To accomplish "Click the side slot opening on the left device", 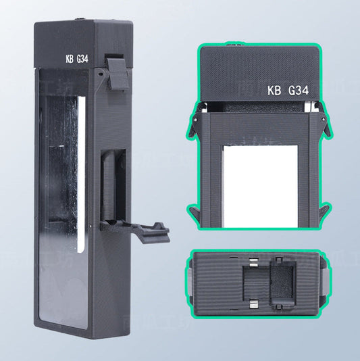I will click(111, 189).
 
